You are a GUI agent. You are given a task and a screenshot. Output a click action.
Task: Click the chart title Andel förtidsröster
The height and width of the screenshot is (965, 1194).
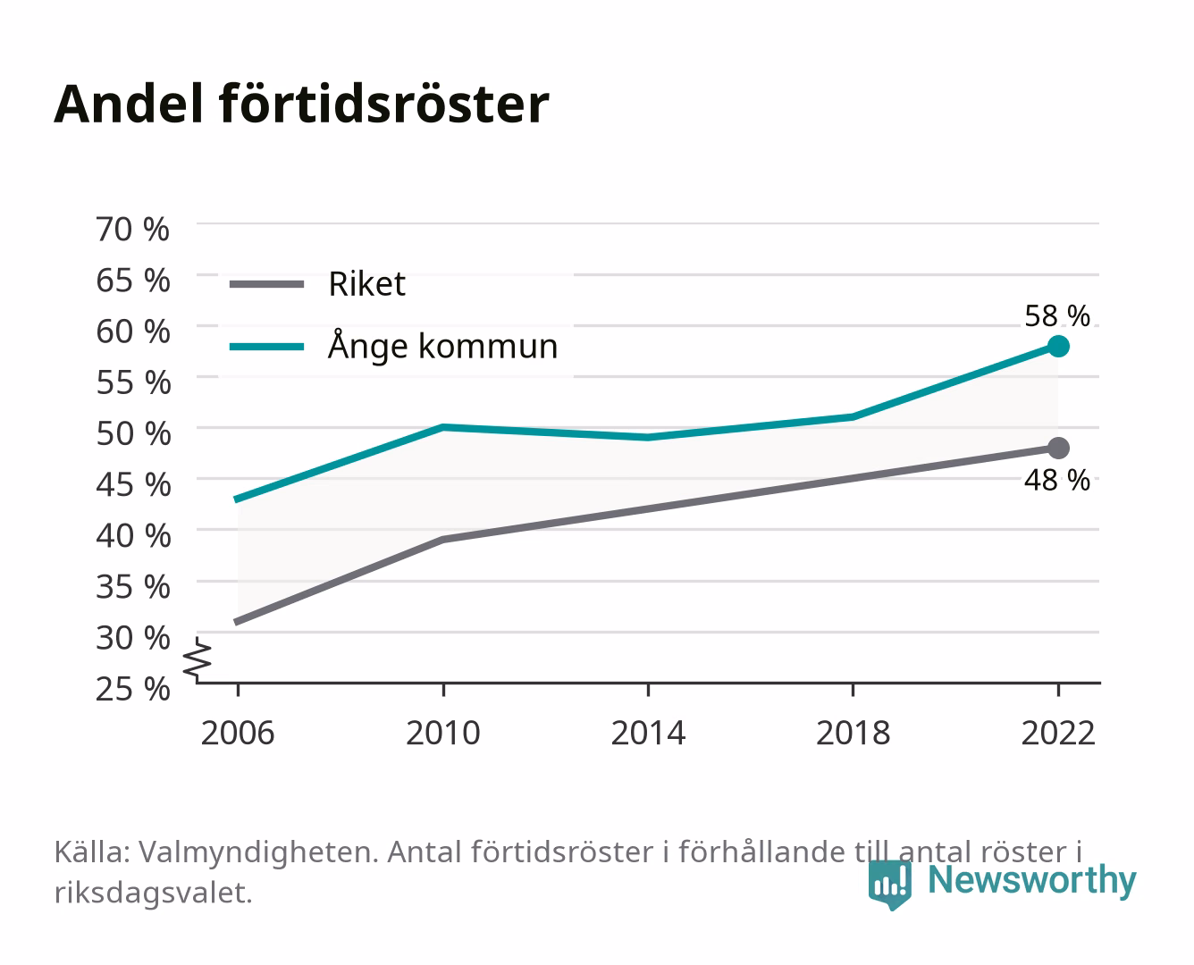[x=301, y=104]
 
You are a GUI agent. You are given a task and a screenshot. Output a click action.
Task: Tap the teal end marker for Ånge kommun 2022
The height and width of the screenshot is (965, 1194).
[x=1058, y=347]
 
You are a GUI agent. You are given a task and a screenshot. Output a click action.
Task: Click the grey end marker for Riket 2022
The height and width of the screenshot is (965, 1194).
[x=1058, y=449]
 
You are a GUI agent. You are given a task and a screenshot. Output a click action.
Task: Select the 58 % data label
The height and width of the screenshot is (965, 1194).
[x=1057, y=316]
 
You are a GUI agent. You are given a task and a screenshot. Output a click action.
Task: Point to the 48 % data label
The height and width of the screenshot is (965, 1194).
[x=1057, y=481]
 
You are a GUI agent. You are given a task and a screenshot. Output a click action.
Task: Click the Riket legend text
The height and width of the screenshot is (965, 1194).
[x=366, y=283]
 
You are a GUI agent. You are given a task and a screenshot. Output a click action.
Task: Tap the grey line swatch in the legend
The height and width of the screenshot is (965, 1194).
[x=267, y=284]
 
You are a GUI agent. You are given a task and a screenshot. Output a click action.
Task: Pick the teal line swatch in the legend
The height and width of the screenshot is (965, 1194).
[x=267, y=347]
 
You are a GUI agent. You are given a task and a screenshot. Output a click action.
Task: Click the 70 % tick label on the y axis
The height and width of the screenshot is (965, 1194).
[x=132, y=230]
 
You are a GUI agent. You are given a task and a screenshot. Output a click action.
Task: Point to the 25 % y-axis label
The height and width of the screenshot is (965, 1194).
[x=132, y=689]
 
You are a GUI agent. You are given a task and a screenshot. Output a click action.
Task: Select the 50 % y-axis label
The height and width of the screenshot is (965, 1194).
[x=133, y=433]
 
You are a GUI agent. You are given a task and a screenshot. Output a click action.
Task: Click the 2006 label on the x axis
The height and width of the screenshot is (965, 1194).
[x=238, y=733]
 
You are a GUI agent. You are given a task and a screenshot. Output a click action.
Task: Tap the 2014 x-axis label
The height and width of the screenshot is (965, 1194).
[x=648, y=733]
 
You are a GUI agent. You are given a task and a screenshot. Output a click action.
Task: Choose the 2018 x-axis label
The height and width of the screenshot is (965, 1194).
[x=853, y=733]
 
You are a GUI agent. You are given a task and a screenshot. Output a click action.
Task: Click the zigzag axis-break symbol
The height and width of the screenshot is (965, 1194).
[x=198, y=659]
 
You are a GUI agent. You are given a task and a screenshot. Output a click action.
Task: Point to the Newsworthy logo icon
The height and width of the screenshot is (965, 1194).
[x=889, y=885]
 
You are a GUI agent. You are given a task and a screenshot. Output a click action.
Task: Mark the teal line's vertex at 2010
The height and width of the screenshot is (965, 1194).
[x=443, y=427]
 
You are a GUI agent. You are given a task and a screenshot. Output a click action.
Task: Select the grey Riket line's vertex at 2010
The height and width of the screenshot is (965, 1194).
[x=443, y=540]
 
